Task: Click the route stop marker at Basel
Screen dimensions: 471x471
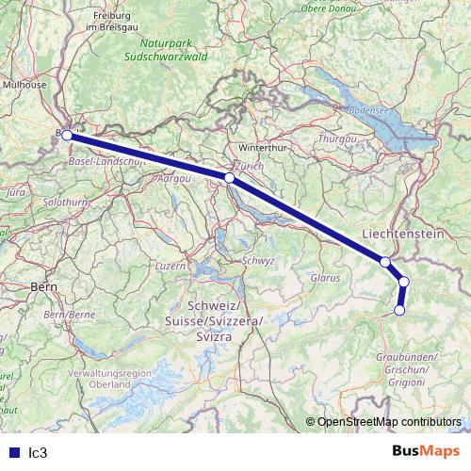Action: [x=67, y=136]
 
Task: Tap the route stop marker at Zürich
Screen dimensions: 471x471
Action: [x=230, y=177]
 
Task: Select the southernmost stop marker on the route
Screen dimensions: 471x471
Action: [x=399, y=310]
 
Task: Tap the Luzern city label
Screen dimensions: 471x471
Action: [x=171, y=266]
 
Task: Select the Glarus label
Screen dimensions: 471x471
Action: [x=325, y=278]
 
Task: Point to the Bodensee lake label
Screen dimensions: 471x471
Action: [x=368, y=110]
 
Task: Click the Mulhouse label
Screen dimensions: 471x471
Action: [x=24, y=84]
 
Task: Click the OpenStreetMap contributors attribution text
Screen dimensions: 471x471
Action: [x=387, y=421]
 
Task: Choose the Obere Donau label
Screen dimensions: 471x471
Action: [x=326, y=8]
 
